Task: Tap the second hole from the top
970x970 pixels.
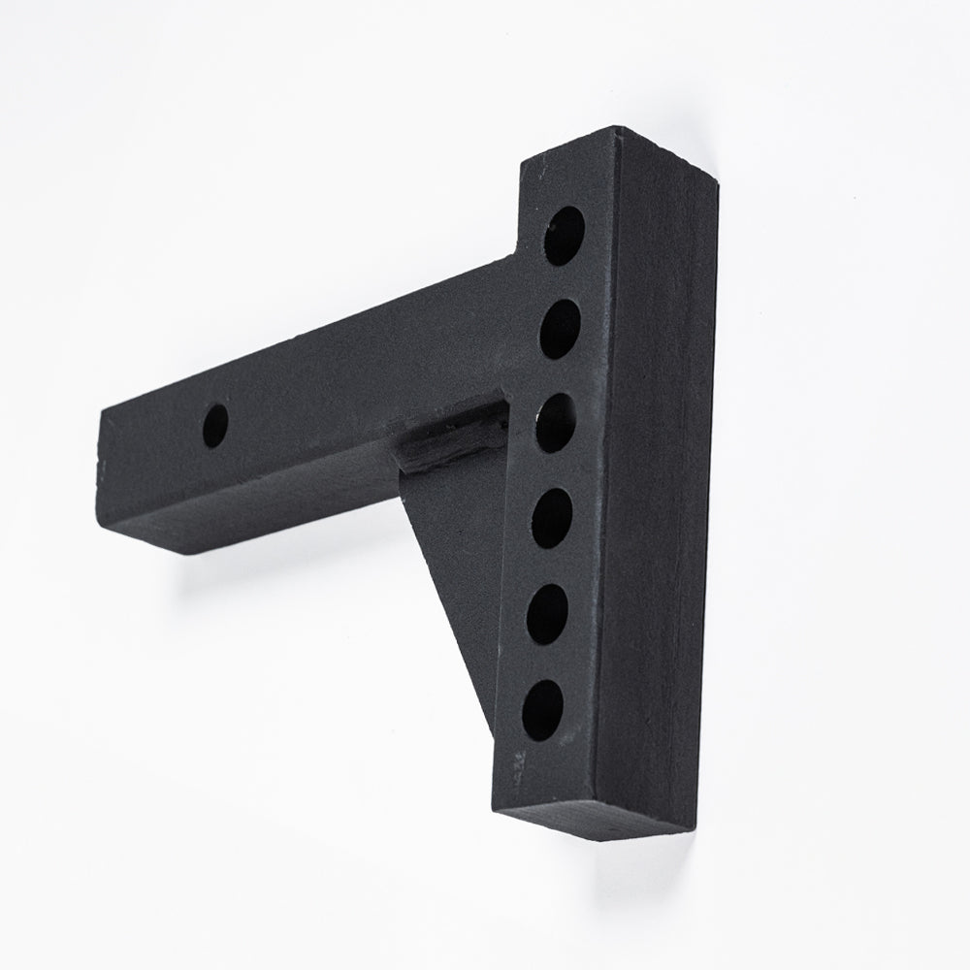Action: click(x=561, y=328)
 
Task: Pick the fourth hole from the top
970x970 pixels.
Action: click(x=552, y=518)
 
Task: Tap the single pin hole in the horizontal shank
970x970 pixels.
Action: click(x=215, y=425)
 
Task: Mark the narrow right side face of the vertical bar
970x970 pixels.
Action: click(x=660, y=485)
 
